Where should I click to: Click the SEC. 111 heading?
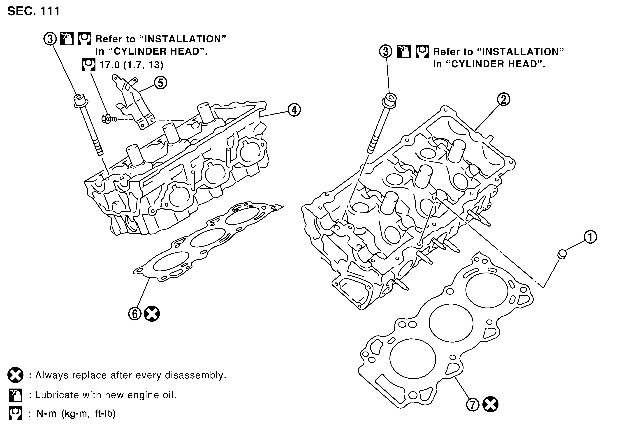[34, 11]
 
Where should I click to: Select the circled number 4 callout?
[294, 110]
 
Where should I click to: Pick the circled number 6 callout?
[135, 314]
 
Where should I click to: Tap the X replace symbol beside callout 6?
[152, 314]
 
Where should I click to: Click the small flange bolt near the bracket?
[109, 119]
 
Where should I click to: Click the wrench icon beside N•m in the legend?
[15, 414]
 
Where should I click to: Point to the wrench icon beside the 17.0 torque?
[89, 65]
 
